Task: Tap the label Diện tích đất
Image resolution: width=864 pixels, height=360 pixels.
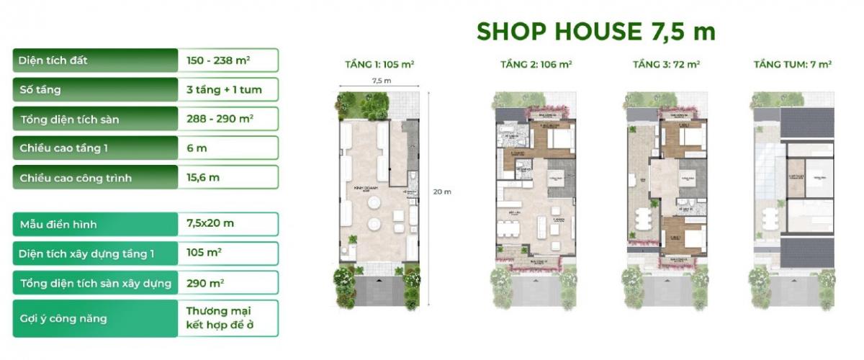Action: pos(54,60)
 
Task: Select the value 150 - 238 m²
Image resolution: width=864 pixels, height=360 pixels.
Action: pos(218,60)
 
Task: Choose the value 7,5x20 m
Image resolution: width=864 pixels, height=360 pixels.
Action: pos(210,224)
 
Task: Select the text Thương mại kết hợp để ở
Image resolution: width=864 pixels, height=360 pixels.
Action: pos(222,318)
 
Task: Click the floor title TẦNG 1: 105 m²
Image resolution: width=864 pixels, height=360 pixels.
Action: pos(379,65)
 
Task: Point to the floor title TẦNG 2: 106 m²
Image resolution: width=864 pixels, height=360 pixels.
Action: pos(536,65)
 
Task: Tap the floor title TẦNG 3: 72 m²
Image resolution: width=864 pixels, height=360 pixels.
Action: pos(666,65)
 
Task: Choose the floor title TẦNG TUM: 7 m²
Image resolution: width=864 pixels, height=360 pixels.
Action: pos(792,65)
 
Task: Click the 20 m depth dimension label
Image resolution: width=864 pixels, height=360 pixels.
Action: pos(442,192)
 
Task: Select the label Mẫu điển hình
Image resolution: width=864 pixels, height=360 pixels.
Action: pos(58,224)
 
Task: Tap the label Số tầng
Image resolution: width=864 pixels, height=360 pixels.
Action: pos(40,90)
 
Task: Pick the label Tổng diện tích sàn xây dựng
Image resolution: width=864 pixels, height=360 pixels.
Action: pos(96,283)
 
